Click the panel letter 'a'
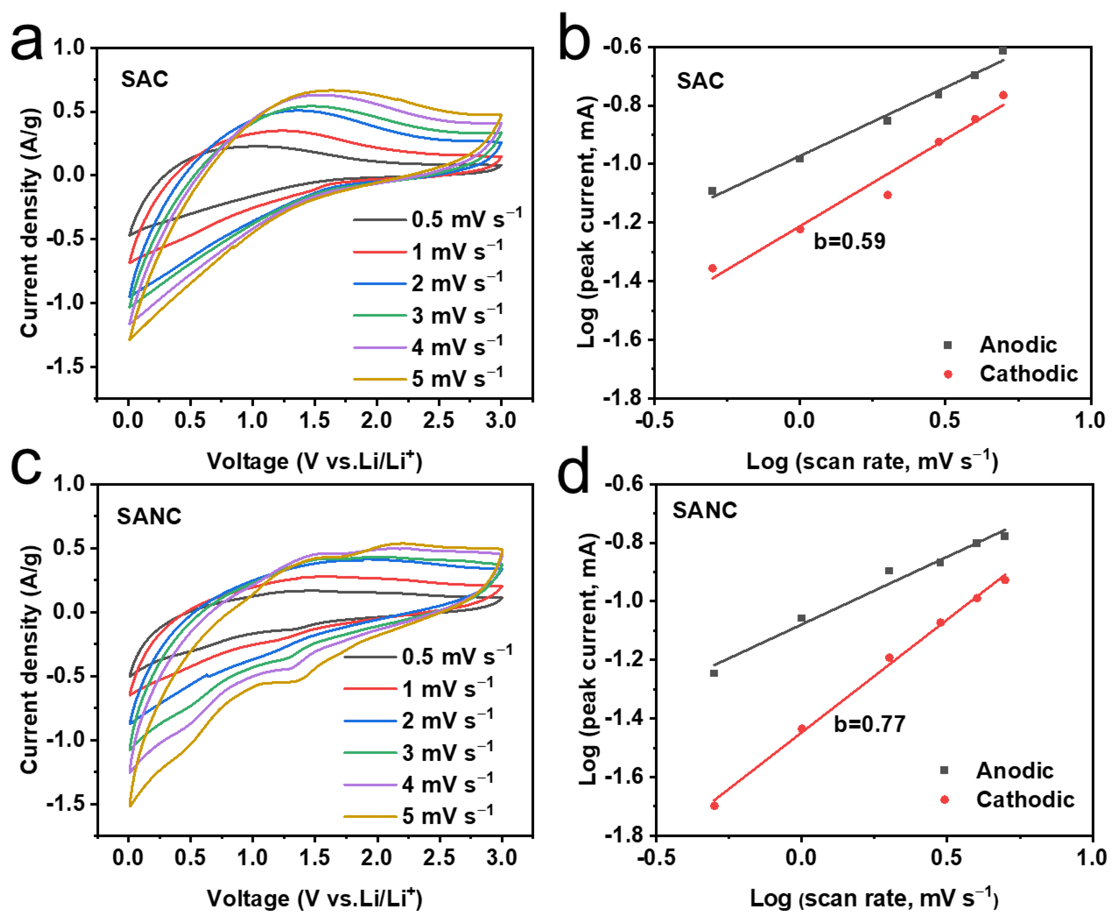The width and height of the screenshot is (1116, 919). pos(27,45)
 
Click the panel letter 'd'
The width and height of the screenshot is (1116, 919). pos(573,471)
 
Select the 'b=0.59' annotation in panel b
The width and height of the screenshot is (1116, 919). pos(849,241)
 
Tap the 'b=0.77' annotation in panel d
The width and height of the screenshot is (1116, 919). pos(869,724)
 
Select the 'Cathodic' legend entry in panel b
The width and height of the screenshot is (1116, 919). pos(1028,374)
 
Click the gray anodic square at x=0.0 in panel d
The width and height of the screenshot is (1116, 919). pos(801,618)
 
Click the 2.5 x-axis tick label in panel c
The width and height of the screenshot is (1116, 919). pos(439,858)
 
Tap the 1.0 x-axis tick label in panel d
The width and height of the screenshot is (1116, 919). pos(1091,858)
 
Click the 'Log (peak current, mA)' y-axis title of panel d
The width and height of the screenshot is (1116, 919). pos(587,659)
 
